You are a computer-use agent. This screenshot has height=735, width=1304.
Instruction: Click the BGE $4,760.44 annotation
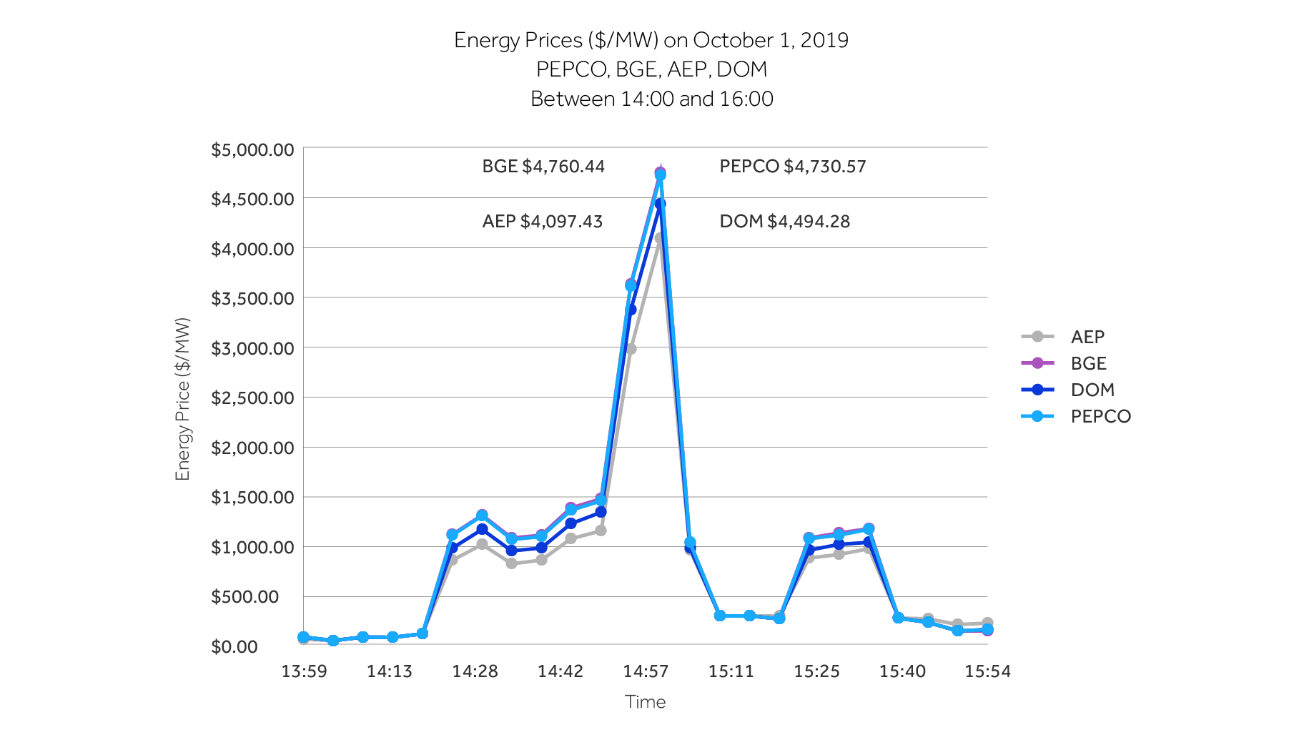pos(543,167)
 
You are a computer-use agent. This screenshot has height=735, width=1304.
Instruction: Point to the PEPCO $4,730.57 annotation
pos(792,167)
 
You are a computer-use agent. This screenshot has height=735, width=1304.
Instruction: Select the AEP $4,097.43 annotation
pos(542,222)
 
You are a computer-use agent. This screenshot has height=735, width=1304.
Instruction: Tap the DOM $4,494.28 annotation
pos(784,222)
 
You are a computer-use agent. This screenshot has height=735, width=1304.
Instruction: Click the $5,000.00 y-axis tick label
pos(252,150)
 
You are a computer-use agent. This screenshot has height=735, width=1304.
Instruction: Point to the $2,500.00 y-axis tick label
pos(252,398)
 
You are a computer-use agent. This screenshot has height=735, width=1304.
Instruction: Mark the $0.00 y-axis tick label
pos(234,647)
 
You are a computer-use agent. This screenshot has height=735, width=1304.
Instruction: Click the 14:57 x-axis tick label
pos(646,671)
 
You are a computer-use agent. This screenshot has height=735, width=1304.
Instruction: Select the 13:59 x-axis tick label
pos(304,671)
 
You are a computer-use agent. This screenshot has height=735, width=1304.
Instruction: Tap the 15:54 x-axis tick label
pos(987,671)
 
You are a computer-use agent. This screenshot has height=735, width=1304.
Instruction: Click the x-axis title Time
pos(645,702)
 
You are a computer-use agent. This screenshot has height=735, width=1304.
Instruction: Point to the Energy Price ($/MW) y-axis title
pos(183,399)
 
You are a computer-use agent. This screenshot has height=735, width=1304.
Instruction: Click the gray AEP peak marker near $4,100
pos(659,239)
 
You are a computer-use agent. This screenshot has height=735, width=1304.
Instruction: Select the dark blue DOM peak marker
pos(660,204)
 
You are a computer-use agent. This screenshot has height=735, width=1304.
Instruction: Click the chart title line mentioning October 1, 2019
pos(651,40)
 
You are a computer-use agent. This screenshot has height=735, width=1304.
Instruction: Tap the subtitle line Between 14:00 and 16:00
pos(651,99)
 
